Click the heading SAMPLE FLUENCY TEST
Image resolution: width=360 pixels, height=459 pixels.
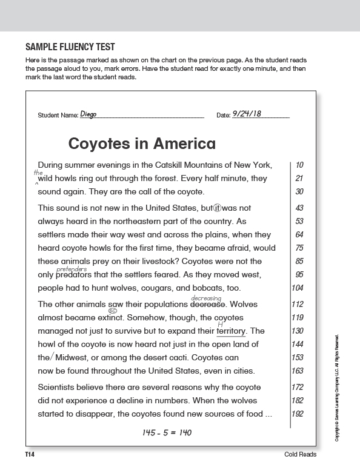tap(70, 47)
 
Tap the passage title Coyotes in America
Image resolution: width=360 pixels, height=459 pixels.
tap(142, 144)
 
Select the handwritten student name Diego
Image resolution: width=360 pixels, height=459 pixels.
tap(88, 114)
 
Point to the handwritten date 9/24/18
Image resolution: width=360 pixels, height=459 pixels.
tap(247, 113)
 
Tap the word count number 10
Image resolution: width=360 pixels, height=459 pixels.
tap(300, 165)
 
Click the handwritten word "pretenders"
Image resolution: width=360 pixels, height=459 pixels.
tap(72, 269)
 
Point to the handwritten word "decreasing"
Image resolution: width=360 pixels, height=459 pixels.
tap(206, 298)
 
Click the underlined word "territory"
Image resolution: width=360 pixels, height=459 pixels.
tap(231, 331)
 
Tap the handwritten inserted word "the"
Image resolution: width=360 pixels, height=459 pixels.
tap(38, 173)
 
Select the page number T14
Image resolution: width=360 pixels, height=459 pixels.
tap(30, 454)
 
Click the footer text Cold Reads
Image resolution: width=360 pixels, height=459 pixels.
tap(299, 454)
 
